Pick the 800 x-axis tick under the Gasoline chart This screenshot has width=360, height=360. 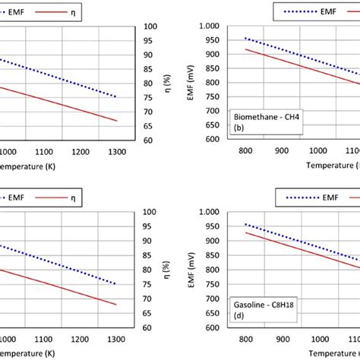tap(247, 336)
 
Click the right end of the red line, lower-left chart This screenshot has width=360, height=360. tap(116, 305)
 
